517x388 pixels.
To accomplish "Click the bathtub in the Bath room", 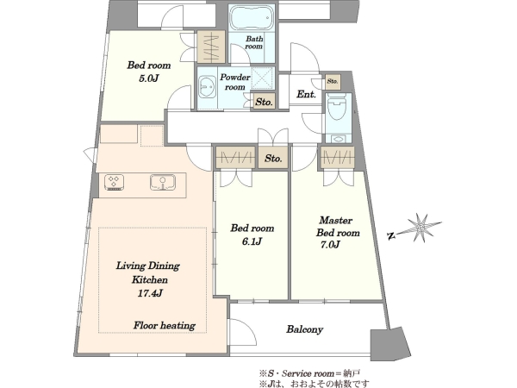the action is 252,17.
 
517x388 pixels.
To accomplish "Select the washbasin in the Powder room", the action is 207,87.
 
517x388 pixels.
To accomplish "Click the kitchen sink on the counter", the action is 163,182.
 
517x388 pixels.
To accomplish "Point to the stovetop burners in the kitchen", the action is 114,182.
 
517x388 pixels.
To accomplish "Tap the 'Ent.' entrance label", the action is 306,94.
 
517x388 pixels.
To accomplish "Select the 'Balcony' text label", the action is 304,329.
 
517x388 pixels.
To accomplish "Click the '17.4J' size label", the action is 150,293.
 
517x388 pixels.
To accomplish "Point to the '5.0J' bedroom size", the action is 148,78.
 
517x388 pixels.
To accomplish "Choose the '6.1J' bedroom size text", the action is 252,241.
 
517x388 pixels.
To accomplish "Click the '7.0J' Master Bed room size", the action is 330,245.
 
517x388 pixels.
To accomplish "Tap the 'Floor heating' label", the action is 165,326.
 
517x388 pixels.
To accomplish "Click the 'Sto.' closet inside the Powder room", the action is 265,102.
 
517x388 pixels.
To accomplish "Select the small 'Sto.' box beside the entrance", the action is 333,81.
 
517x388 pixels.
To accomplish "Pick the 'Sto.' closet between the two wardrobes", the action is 273,158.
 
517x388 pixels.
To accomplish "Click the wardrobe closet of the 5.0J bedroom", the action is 211,47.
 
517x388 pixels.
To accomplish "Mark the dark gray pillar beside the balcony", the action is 390,344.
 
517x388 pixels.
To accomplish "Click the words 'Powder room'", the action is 234,82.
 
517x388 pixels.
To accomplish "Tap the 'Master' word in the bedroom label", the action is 336,220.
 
